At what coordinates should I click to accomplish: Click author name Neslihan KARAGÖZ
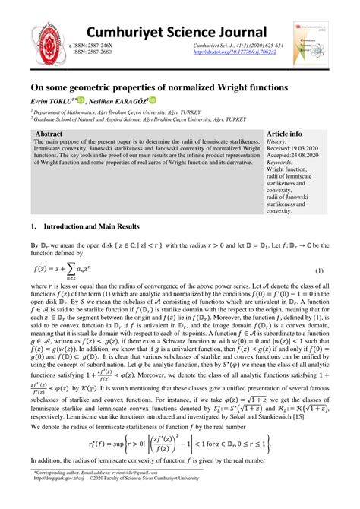(131, 100)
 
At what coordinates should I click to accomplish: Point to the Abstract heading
(50, 133)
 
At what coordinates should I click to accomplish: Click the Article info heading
(286, 134)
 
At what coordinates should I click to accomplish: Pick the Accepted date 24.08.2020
(289, 156)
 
